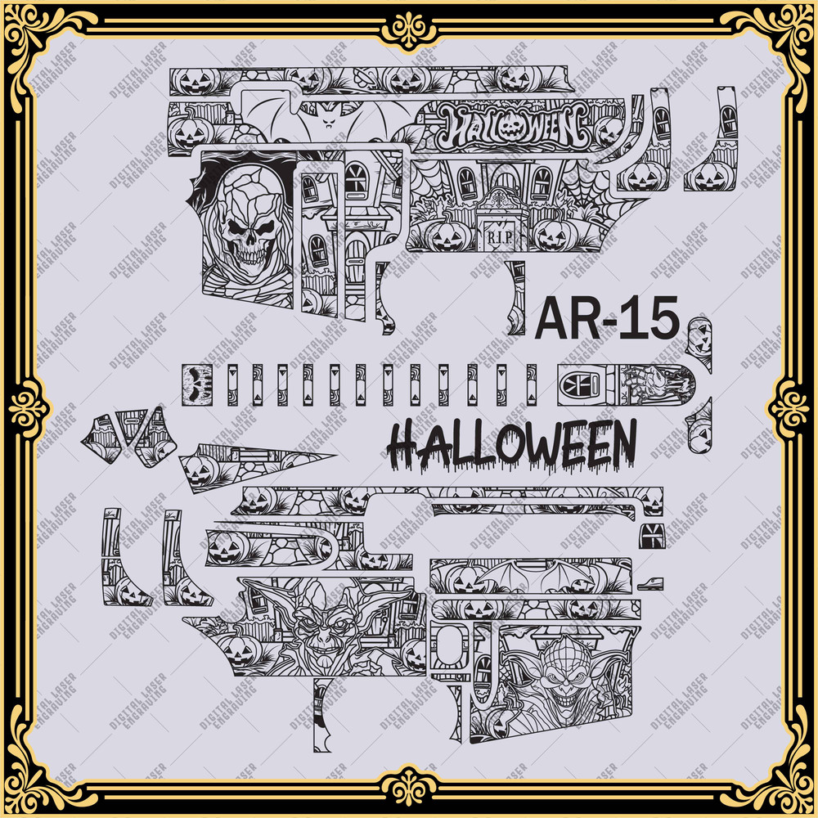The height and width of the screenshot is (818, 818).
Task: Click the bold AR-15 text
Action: tap(606, 318)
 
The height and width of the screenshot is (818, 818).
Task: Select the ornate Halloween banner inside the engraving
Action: tap(515, 127)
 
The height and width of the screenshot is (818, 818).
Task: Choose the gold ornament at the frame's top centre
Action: tap(409, 31)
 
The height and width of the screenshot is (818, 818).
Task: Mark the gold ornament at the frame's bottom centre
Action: tap(409, 787)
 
